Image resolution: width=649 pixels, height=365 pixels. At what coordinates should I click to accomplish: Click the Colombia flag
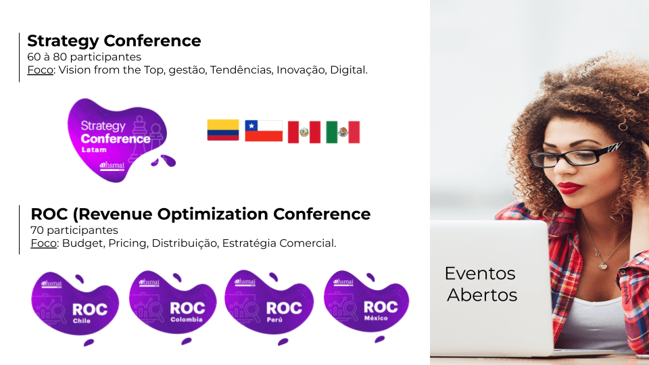tap(222, 130)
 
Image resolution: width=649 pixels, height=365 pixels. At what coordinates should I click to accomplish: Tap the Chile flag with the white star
tap(264, 130)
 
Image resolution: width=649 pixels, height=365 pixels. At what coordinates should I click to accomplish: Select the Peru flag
tap(304, 132)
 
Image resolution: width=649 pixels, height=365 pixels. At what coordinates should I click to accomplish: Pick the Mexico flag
tap(343, 132)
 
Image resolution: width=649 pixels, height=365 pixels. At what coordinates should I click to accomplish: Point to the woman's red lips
tap(569, 187)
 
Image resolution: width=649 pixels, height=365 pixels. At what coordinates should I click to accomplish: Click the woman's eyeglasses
tap(575, 156)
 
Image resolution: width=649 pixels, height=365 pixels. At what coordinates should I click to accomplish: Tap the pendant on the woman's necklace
tap(604, 265)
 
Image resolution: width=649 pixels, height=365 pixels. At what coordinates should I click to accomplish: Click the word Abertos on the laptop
tap(482, 295)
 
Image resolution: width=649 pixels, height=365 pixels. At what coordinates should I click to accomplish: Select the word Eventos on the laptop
tap(480, 274)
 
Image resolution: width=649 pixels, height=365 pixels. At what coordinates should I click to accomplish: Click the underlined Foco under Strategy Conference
tap(40, 70)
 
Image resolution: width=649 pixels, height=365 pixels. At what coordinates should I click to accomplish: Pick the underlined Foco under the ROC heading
tap(43, 243)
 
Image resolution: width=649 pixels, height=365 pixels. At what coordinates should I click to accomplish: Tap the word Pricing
tap(128, 243)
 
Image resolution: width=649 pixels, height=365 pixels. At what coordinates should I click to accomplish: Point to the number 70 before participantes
tap(37, 230)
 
